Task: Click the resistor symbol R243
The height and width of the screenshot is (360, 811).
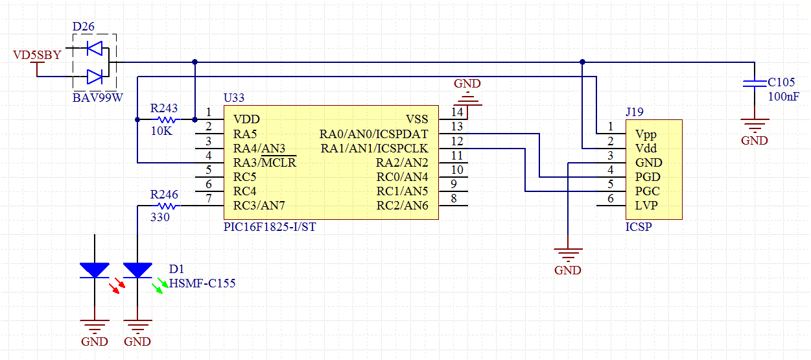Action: (168, 120)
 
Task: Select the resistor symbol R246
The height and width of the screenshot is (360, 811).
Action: (168, 206)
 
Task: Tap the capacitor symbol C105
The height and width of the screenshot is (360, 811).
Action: (754, 83)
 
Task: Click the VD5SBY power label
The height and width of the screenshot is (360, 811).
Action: (37, 56)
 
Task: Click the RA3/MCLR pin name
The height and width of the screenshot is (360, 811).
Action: (264, 163)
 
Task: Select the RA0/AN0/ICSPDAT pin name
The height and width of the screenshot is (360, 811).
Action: (373, 134)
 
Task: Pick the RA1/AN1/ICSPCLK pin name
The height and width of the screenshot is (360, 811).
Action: (373, 149)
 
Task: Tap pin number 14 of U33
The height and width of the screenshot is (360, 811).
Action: (458, 112)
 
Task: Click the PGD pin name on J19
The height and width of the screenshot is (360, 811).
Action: (647, 176)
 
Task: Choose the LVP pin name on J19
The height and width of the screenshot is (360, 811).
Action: (646, 205)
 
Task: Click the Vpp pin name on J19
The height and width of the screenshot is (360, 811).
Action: (646, 134)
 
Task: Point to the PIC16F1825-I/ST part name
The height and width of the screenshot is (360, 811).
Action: (269, 227)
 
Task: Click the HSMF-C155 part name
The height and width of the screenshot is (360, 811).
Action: (202, 283)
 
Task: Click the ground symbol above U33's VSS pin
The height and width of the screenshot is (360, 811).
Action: (467, 98)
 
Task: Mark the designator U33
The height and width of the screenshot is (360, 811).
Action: (233, 98)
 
